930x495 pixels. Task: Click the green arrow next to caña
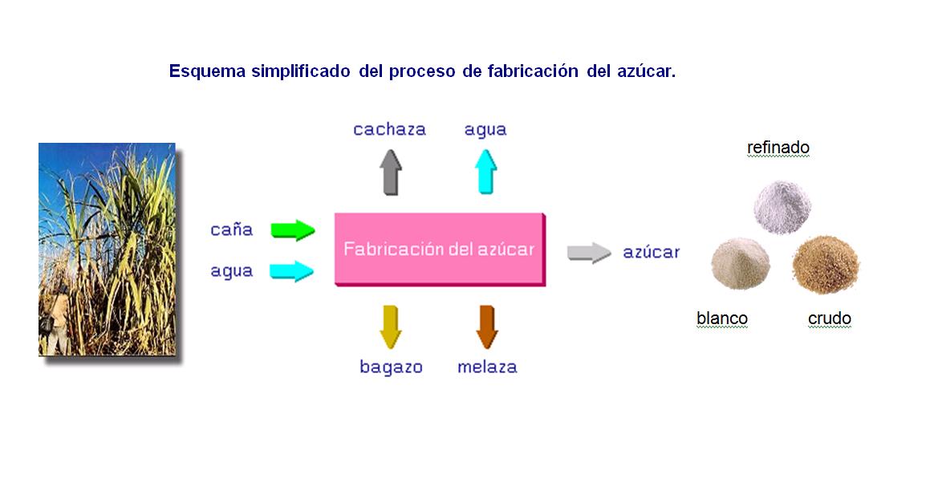pyautogui.click(x=293, y=230)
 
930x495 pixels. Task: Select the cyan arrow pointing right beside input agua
pyautogui.click(x=292, y=271)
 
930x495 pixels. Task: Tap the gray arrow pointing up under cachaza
pyautogui.click(x=390, y=172)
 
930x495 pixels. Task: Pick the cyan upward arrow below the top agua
pyautogui.click(x=485, y=172)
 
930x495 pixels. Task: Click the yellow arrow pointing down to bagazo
pyautogui.click(x=390, y=327)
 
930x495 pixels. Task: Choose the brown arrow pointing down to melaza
pyautogui.click(x=487, y=327)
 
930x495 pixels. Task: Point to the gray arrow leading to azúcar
pyautogui.click(x=589, y=253)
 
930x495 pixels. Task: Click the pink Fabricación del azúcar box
pyautogui.click(x=440, y=250)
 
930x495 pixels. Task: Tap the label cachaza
pyautogui.click(x=390, y=129)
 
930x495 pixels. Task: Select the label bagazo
pyautogui.click(x=392, y=367)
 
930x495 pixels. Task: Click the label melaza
pyautogui.click(x=488, y=367)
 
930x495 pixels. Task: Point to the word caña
pyautogui.click(x=232, y=229)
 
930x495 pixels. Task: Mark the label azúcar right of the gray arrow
pyautogui.click(x=652, y=252)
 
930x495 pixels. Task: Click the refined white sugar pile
pyautogui.click(x=782, y=207)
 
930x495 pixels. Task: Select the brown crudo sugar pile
pyautogui.click(x=826, y=265)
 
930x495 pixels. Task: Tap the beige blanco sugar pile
pyautogui.click(x=740, y=263)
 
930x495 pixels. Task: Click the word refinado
pyautogui.click(x=778, y=147)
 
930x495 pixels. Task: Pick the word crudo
pyautogui.click(x=830, y=319)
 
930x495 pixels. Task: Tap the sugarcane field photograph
pyautogui.click(x=108, y=249)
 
